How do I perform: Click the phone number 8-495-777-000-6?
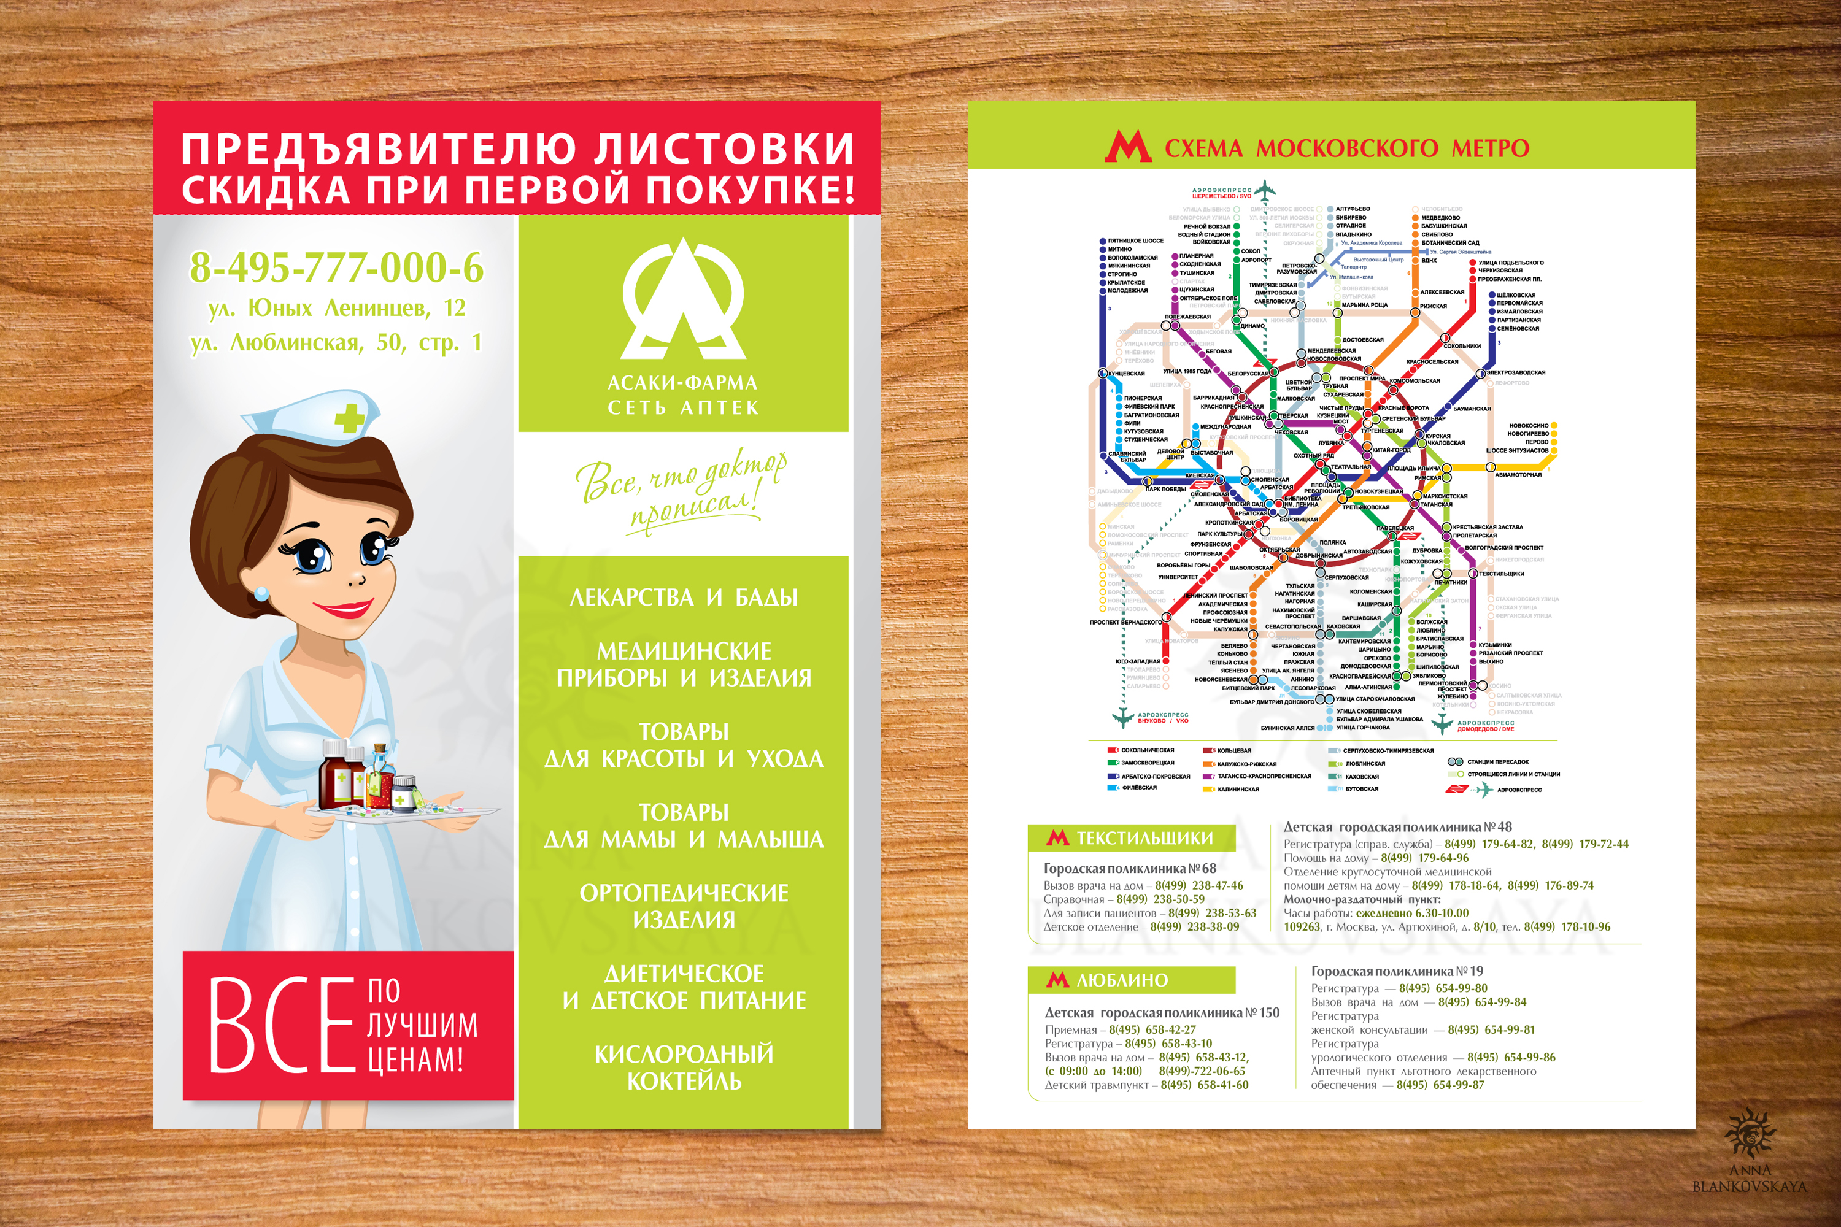point(336,267)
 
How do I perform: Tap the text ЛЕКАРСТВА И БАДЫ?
point(684,598)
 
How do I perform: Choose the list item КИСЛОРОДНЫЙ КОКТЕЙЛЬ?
point(684,1067)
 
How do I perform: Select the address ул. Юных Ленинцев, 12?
point(336,309)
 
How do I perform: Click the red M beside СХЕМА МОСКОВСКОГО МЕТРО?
point(1127,147)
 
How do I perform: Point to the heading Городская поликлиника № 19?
point(1397,971)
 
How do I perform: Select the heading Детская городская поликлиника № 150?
point(1162,1013)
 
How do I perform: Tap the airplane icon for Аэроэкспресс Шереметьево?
point(1267,190)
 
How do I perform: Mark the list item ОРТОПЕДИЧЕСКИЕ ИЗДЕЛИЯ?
point(684,906)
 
